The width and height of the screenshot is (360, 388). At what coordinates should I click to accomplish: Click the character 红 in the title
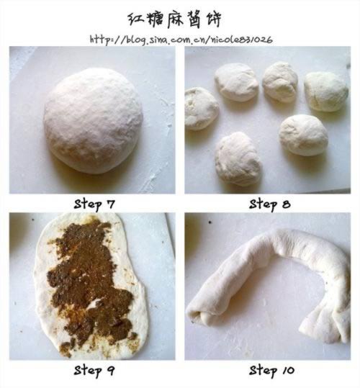tap(136, 19)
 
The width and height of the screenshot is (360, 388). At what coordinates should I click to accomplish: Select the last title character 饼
tap(213, 19)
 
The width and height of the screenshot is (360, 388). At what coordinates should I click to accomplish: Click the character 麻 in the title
tap(174, 19)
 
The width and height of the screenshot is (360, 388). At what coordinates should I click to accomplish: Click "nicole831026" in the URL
tap(242, 40)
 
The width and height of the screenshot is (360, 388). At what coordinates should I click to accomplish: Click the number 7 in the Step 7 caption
tap(111, 204)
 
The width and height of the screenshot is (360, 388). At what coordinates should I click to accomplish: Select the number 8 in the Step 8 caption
tap(286, 204)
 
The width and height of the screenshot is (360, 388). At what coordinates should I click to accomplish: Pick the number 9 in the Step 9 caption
tap(111, 371)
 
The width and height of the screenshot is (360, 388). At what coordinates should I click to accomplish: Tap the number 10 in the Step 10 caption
tap(288, 371)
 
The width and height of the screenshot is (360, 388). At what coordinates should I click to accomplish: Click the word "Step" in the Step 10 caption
tap(263, 371)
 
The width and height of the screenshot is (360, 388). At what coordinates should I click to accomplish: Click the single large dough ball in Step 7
tap(93, 120)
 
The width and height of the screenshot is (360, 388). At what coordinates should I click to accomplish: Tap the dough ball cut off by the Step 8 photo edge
tap(201, 109)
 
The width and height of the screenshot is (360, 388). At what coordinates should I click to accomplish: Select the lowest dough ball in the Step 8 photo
tap(238, 159)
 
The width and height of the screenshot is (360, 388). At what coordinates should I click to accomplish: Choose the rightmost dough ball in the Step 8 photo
tap(326, 91)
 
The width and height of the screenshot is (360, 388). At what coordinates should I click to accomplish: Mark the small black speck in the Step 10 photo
tap(210, 222)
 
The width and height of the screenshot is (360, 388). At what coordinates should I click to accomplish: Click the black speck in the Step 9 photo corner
tap(33, 220)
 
